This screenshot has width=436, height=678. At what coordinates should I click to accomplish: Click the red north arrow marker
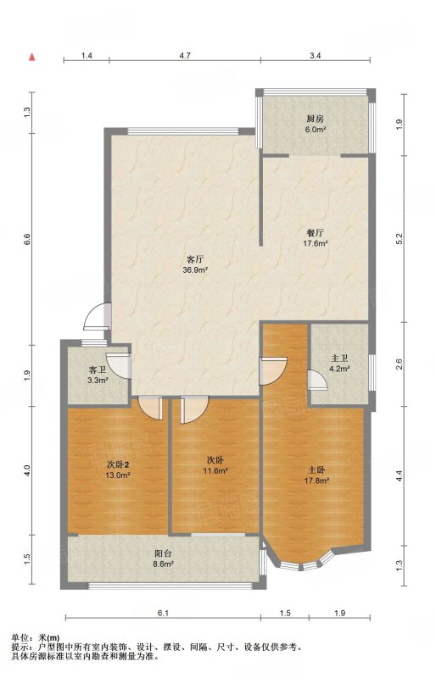pos(31,57)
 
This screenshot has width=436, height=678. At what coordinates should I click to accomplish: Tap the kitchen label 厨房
pos(316,119)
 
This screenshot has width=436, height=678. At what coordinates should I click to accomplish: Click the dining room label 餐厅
pos(315,232)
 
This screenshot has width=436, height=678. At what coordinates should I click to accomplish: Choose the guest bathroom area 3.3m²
pos(98,381)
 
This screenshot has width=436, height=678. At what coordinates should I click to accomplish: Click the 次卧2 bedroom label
pos(118,464)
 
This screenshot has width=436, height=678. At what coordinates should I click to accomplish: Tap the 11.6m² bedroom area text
pos(215,471)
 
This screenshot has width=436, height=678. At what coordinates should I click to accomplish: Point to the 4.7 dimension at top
pos(185,55)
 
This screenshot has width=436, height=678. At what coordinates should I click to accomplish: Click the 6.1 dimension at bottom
pos(163,613)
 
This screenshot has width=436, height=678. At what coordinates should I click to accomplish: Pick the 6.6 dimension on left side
pos(27,239)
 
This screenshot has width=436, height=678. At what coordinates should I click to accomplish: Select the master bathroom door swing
pos(317,380)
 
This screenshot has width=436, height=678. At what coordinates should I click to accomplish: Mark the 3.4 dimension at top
pos(316,55)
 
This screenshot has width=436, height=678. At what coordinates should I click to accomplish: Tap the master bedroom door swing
pos(273,370)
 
